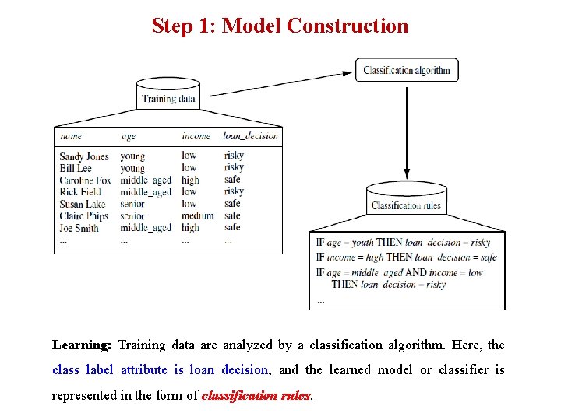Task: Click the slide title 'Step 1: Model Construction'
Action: point(280,26)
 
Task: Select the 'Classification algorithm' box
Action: point(407,70)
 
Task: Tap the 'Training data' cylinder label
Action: point(168,99)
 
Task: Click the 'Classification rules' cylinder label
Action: point(406,206)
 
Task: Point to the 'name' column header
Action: point(71,136)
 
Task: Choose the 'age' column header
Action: point(129,136)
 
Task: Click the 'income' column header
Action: point(196,136)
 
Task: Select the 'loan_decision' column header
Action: point(250,136)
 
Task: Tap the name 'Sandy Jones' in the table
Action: point(84,156)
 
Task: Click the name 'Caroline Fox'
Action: point(85,180)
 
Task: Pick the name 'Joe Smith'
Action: point(79,228)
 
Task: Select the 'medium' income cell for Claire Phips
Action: point(197,215)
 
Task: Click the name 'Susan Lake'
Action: point(83,205)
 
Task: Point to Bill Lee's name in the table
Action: point(76,168)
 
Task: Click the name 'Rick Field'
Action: point(80,192)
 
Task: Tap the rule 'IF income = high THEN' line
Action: point(406,257)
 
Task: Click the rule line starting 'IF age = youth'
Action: point(403,243)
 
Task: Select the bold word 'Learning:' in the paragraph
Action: point(82,345)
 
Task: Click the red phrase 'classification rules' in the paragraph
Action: point(256,395)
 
